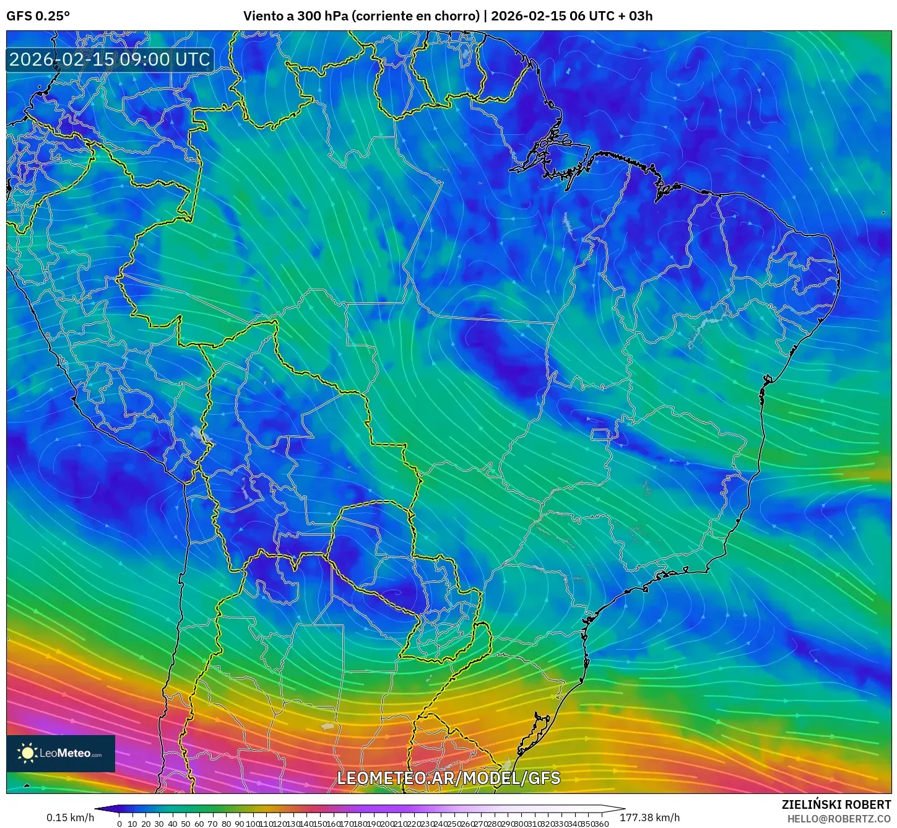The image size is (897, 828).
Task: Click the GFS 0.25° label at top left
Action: point(38,15)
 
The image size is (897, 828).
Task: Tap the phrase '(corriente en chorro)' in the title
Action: point(415,15)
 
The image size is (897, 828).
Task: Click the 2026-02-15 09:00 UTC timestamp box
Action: point(110,59)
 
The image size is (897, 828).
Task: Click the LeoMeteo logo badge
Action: point(61,753)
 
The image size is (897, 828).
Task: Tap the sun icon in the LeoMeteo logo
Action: point(27,753)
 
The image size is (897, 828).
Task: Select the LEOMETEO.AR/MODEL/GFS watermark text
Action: point(448,778)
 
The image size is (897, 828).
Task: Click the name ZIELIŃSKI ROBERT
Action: point(836,804)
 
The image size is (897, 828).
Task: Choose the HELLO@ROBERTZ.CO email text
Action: point(839,819)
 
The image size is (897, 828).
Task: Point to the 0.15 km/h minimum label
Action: point(70,817)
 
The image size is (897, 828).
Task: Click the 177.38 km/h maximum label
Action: point(649,817)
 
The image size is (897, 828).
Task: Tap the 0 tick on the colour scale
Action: point(119,824)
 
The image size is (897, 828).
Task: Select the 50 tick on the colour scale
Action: point(186,824)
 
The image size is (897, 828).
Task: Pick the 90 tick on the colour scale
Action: point(239,824)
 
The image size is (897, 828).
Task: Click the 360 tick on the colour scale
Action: point(600,824)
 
